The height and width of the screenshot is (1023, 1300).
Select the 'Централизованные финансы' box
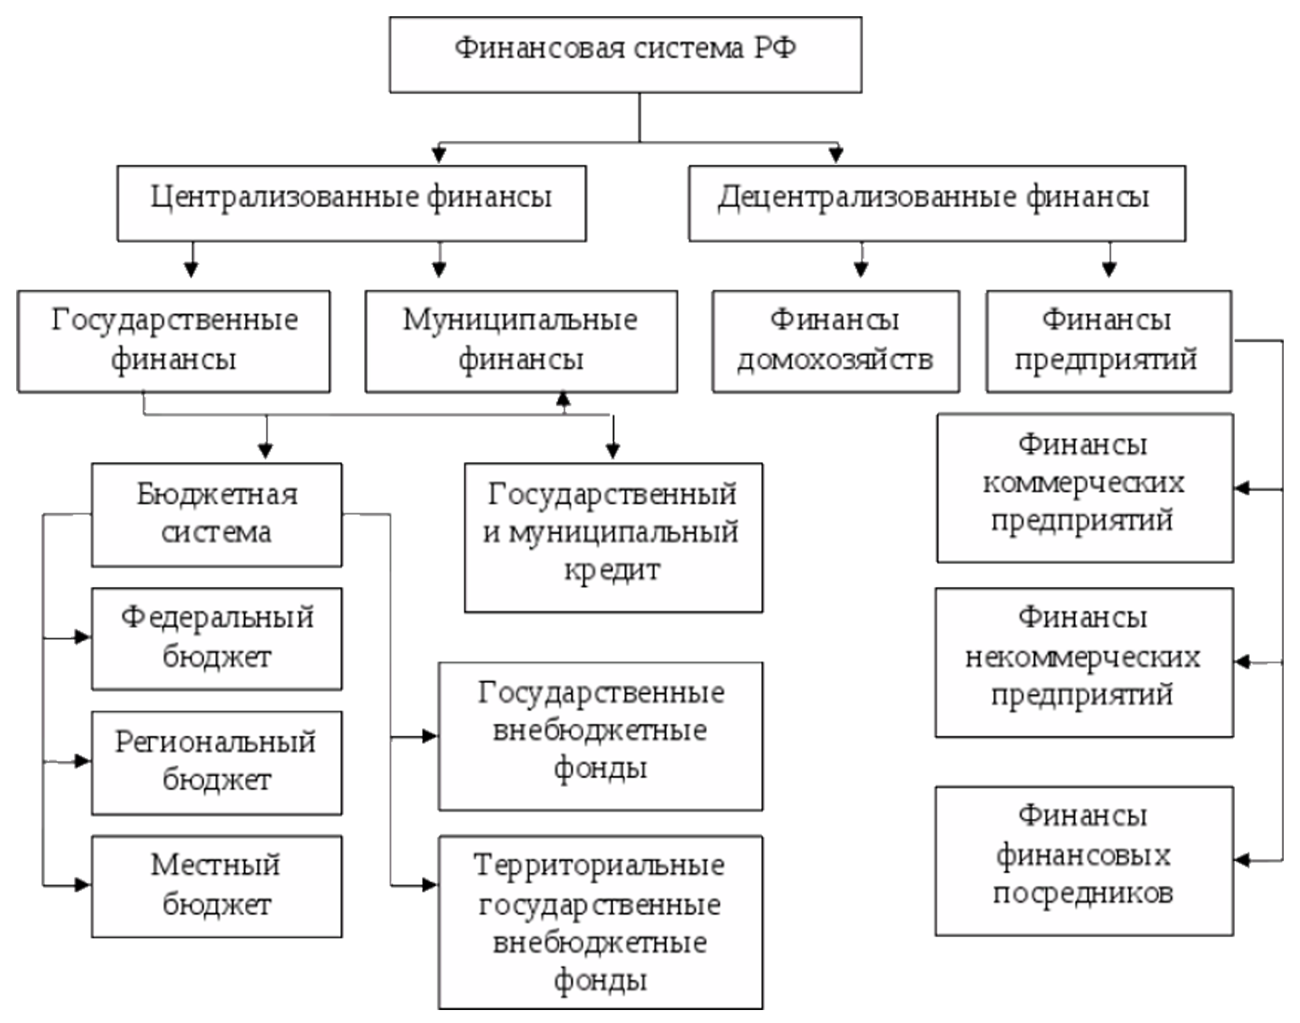(x=351, y=201)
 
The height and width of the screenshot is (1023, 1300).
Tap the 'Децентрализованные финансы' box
(x=937, y=201)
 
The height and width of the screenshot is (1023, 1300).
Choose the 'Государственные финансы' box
(x=174, y=340)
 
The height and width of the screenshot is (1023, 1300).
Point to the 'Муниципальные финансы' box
(x=521, y=340)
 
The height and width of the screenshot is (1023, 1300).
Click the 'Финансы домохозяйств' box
(x=835, y=340)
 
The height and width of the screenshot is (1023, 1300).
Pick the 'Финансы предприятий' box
(x=1108, y=340)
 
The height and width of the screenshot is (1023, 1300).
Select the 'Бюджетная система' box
(x=216, y=513)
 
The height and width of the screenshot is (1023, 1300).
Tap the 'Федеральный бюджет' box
(x=216, y=638)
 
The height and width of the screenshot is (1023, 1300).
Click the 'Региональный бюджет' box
(x=216, y=761)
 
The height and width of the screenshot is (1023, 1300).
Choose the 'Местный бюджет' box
(x=216, y=885)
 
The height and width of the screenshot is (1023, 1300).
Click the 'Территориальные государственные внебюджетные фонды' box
(x=600, y=922)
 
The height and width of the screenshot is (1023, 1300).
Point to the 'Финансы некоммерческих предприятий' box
(x=1084, y=660)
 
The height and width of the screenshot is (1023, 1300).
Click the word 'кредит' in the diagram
(x=612, y=570)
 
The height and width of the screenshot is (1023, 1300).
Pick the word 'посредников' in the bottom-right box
(x=1083, y=894)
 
